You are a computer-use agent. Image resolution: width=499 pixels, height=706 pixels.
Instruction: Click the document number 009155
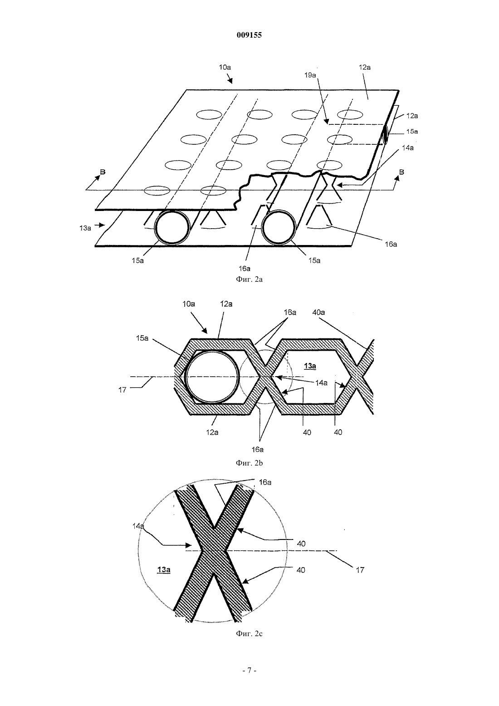[x=249, y=35]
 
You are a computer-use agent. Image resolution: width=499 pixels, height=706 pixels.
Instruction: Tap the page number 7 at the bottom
[x=249, y=671]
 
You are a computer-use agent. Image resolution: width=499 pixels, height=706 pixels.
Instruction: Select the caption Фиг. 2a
[x=249, y=279]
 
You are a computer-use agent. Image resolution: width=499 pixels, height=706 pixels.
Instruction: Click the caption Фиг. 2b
[x=249, y=463]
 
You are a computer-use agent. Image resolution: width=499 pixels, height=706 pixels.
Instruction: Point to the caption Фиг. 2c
[x=249, y=634]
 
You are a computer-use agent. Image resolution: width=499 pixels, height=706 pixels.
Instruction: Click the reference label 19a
[x=310, y=75]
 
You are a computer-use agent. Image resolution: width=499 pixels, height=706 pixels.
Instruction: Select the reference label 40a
[x=318, y=312]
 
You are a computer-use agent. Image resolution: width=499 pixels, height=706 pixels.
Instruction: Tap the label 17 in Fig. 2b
[x=122, y=390]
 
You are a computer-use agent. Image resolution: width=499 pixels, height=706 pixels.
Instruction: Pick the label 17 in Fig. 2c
[x=360, y=570]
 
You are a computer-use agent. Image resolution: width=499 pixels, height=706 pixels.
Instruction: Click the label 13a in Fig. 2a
[x=85, y=228]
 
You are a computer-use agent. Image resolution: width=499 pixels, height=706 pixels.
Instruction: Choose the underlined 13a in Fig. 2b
[x=310, y=366]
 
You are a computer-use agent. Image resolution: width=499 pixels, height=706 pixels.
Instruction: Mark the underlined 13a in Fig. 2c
[x=164, y=569]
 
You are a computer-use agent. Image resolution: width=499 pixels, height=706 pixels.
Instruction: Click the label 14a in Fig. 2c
[x=138, y=526]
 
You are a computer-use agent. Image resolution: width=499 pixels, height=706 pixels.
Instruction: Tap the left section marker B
[x=103, y=172]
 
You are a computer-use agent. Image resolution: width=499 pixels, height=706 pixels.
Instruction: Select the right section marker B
[x=401, y=172]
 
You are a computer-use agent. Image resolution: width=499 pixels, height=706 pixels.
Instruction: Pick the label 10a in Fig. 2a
[x=225, y=67]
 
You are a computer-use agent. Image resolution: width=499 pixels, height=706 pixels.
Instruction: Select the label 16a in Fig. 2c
[x=265, y=482]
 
